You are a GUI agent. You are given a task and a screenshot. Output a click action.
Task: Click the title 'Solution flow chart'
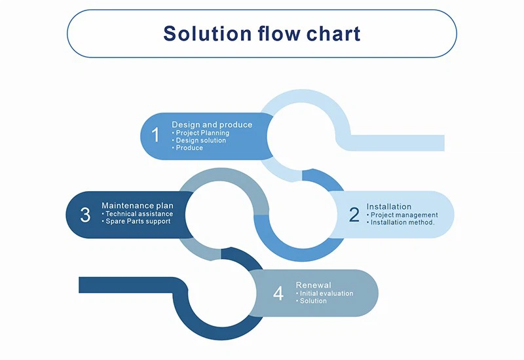261,33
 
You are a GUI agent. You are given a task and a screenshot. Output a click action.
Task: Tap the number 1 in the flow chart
155,135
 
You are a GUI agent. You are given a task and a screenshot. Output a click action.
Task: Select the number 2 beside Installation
354,215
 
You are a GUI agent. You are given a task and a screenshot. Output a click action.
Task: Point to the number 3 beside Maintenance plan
85,215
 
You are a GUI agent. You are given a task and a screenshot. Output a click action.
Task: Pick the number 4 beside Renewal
278,294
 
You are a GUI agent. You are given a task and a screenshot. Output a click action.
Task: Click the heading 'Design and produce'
212,124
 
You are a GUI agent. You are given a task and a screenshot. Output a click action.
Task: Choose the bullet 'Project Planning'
202,133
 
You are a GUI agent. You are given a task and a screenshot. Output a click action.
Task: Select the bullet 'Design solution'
200,140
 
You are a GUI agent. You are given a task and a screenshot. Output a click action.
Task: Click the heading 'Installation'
389,207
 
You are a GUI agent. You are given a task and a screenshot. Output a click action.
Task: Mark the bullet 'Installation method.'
402,223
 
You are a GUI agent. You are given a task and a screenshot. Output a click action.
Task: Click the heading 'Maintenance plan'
138,206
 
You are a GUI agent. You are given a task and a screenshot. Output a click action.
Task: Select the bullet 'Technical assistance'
139,213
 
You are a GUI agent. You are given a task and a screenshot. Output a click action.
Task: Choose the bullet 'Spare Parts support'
138,221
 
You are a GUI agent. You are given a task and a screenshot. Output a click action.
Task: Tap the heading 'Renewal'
314,285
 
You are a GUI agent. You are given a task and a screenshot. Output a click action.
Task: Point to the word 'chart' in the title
335,33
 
